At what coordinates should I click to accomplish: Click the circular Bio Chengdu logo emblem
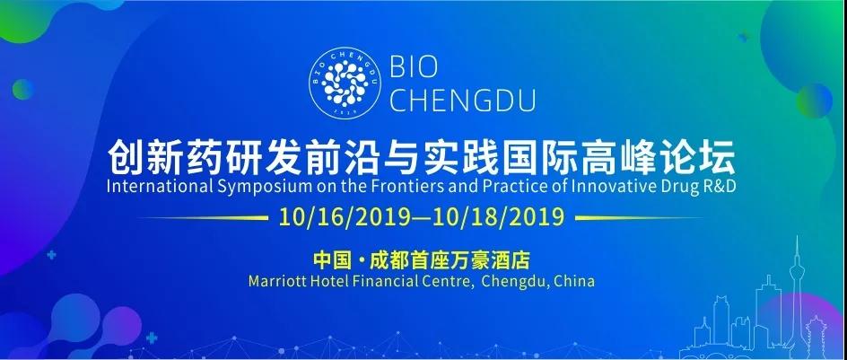point(345,83)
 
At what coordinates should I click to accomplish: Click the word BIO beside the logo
point(414,67)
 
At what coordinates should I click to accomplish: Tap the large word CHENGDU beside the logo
point(463,100)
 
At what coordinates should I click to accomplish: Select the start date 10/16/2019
point(345,217)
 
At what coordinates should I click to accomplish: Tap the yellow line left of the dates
point(203,218)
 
